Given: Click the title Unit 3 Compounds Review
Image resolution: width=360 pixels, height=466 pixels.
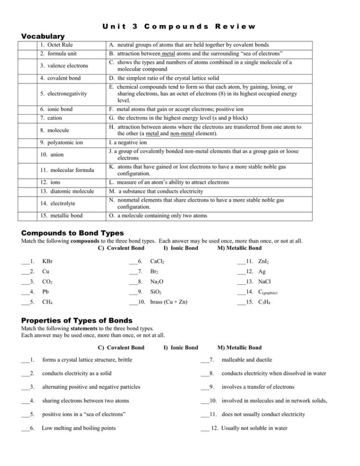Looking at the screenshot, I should (x=179, y=26).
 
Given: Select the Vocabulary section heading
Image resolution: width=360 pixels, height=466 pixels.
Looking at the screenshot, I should (x=43, y=36).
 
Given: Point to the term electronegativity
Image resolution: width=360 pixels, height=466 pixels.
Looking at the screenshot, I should (x=63, y=93).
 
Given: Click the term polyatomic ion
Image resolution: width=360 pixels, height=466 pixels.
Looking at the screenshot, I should (x=62, y=143).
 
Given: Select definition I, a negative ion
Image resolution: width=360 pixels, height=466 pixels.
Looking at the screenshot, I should (x=128, y=143).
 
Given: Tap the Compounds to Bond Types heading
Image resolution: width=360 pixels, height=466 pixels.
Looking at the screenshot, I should (x=73, y=233).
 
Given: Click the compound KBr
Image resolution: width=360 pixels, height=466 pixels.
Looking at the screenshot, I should (x=47, y=261).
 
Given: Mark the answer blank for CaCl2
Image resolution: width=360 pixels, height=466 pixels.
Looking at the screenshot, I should (x=134, y=262).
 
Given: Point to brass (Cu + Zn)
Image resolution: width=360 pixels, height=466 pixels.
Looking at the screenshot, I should (x=169, y=302).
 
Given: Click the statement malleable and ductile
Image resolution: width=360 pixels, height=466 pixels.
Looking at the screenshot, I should (x=247, y=360).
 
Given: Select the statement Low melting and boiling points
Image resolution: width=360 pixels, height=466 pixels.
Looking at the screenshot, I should (x=79, y=428).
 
